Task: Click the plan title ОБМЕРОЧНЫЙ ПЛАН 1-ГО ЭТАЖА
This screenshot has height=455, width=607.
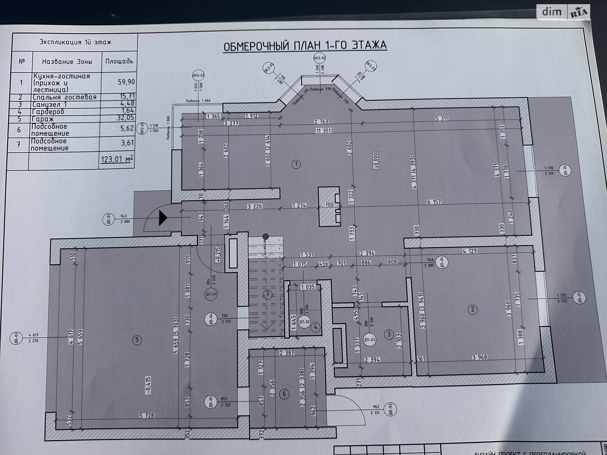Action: point(305,46)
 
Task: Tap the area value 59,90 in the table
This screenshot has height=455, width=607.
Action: point(126,81)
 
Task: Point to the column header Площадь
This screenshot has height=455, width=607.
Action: point(119,61)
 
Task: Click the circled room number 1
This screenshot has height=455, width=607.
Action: point(296,164)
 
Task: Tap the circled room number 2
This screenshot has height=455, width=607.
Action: point(472,309)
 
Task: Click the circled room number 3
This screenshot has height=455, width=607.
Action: point(388,334)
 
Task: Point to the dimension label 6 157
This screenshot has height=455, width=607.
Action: point(434,202)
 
